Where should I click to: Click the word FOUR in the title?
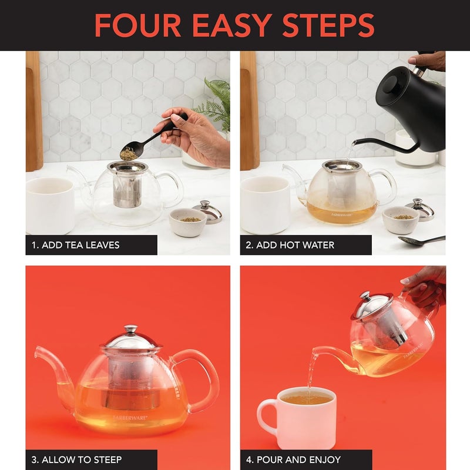(136, 25)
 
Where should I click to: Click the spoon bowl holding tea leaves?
(128, 153)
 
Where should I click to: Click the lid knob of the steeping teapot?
(130, 330)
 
